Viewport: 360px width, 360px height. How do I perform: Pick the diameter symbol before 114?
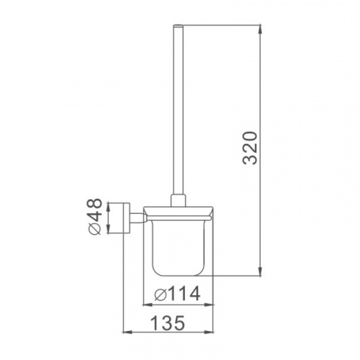coord(161,294)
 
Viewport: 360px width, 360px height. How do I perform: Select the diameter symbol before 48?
coord(94,230)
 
